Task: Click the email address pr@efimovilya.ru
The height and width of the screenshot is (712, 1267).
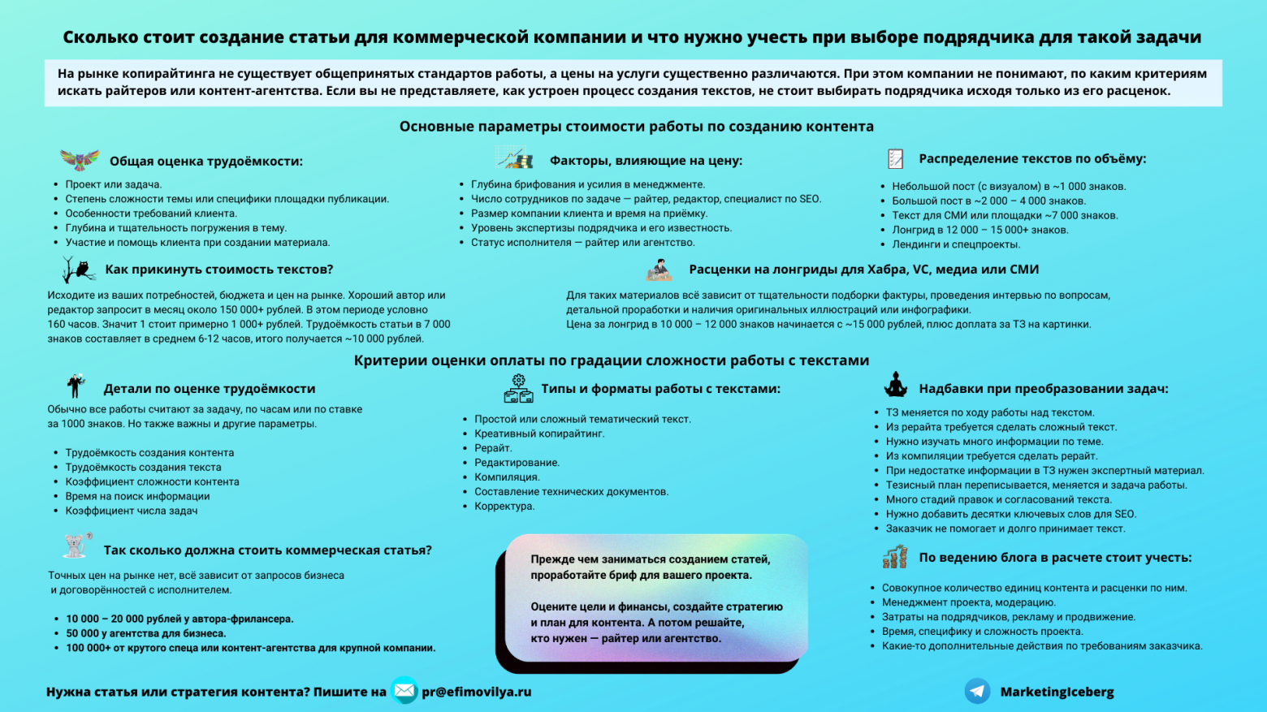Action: point(476,692)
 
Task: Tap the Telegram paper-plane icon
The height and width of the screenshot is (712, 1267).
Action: point(977,691)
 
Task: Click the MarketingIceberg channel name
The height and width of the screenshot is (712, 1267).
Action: point(1057,692)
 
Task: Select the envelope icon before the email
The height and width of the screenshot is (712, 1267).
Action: point(404,691)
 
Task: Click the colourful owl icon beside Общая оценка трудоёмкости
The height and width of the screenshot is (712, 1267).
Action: point(80,159)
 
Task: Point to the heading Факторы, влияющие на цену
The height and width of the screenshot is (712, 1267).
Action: point(646,161)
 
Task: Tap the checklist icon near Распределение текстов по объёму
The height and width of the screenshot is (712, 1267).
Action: point(895,159)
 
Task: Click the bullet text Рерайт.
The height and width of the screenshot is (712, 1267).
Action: point(493,448)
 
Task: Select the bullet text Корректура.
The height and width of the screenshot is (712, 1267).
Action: point(504,506)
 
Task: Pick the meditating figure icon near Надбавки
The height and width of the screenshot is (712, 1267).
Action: point(895,385)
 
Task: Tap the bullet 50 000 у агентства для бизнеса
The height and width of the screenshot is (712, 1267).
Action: point(146,633)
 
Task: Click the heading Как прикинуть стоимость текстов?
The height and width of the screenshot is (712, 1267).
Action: point(218,270)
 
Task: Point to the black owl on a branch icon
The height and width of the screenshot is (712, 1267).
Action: point(78,270)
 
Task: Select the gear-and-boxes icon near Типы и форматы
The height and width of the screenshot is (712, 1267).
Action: point(518,389)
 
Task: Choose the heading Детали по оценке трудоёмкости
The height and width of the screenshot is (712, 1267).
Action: point(209,389)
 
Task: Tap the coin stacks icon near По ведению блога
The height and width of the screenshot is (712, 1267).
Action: point(894,557)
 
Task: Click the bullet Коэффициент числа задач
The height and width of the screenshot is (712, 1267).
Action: point(132,511)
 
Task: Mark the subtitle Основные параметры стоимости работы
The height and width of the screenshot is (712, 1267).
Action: point(636,127)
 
